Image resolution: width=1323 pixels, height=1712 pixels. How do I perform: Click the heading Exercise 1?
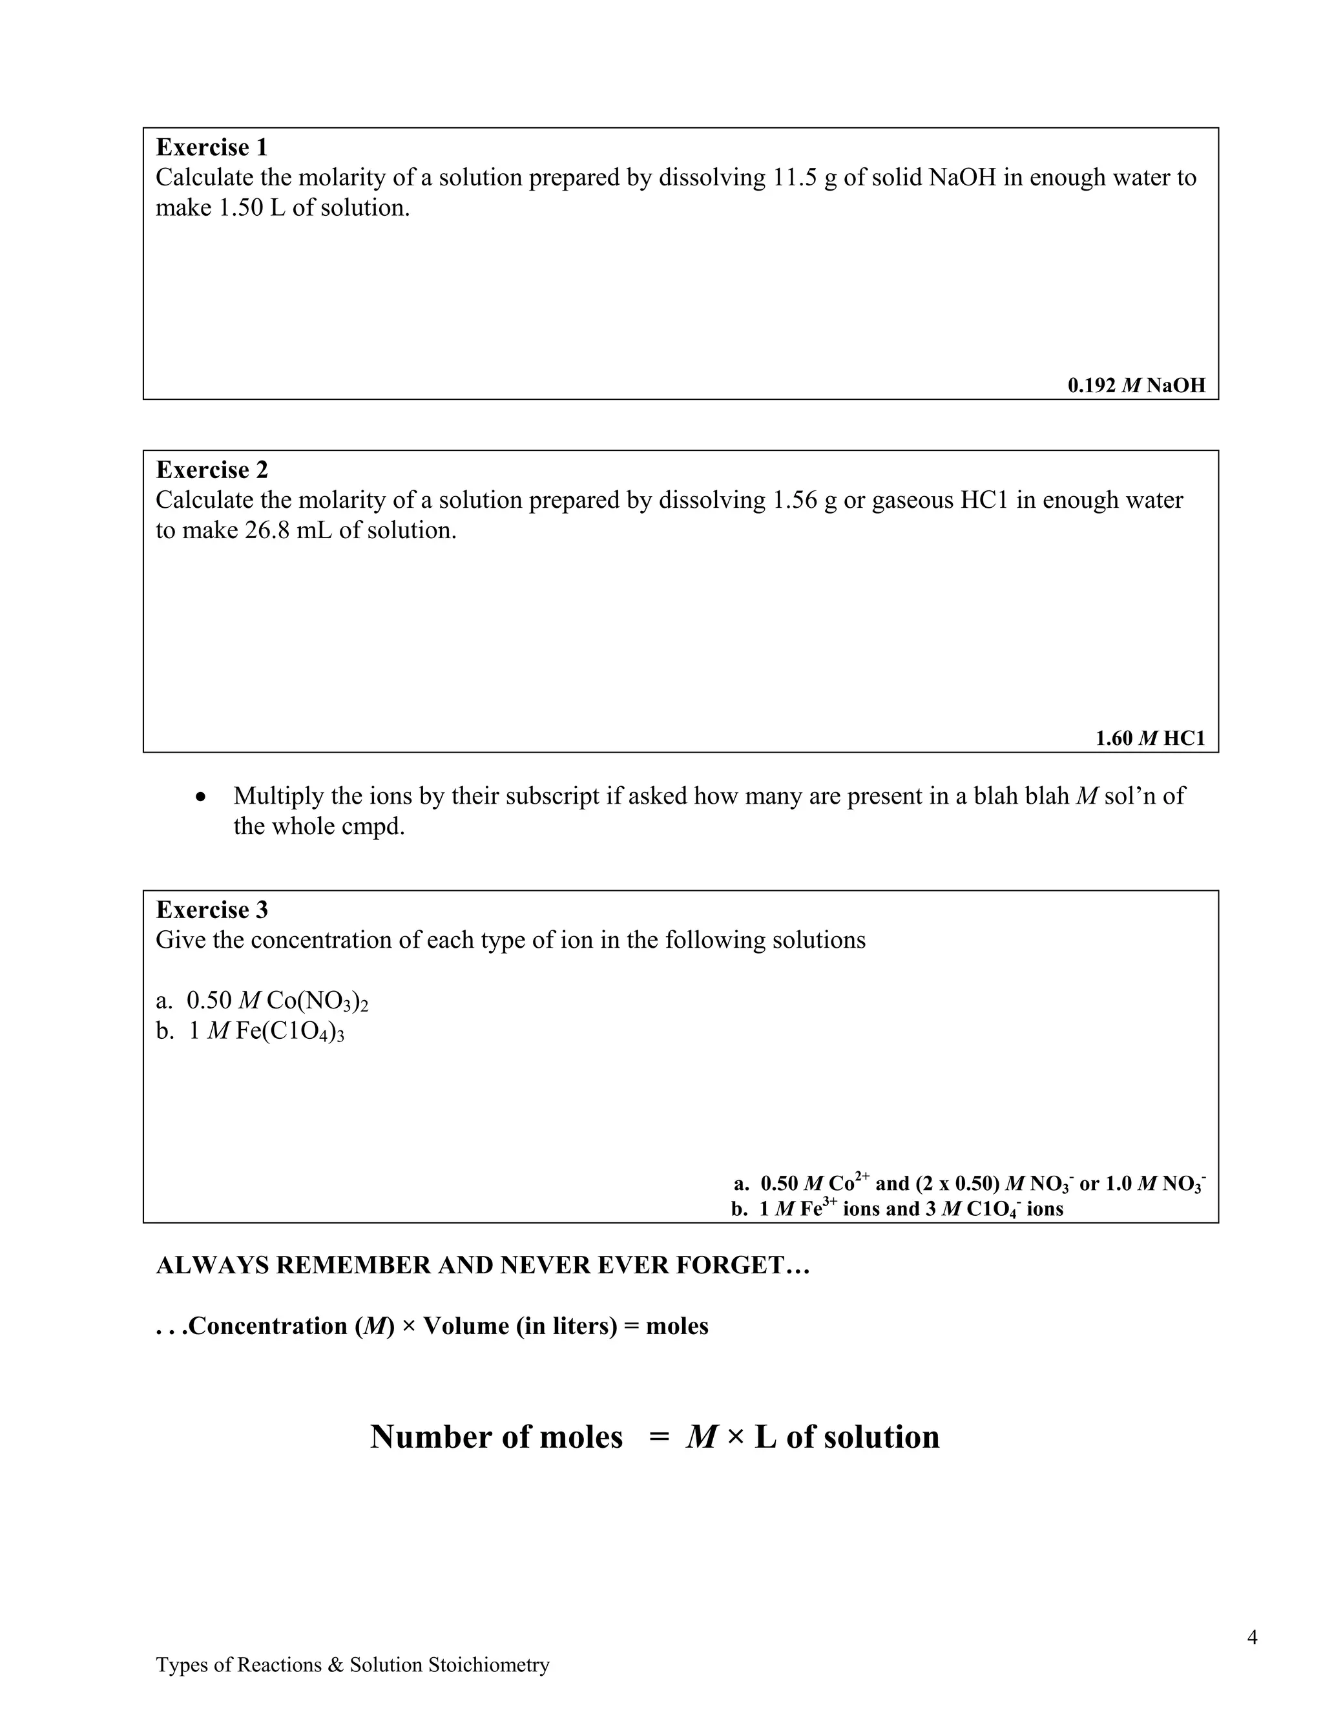[x=212, y=147]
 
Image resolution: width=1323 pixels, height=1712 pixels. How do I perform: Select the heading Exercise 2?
[x=212, y=470]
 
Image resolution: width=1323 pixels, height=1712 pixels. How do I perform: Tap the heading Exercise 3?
[x=212, y=910]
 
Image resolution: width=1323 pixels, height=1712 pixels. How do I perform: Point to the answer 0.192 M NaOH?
[x=1136, y=386]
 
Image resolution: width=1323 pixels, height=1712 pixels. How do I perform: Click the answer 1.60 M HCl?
[x=1150, y=738]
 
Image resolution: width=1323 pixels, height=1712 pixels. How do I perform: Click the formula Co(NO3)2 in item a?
[x=317, y=1002]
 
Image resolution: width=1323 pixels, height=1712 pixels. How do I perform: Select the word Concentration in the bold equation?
[x=268, y=1326]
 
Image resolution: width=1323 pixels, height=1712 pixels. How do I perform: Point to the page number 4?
[x=1252, y=1638]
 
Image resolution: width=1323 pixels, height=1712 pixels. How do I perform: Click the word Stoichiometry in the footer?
[x=488, y=1665]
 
